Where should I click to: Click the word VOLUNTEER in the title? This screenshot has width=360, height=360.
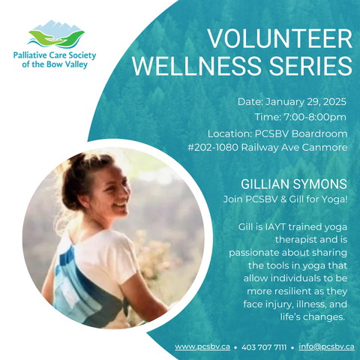pyautogui.click(x=280, y=39)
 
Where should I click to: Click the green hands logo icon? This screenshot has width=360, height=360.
pyautogui.click(x=56, y=38)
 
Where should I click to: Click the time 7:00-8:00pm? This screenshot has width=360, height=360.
pyautogui.click(x=315, y=117)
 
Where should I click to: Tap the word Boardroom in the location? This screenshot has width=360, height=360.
pyautogui.click(x=319, y=133)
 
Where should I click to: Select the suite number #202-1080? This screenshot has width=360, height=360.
pyautogui.click(x=213, y=148)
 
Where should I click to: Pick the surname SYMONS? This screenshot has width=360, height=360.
pyautogui.click(x=320, y=184)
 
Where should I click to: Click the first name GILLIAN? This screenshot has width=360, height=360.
pyautogui.click(x=265, y=184)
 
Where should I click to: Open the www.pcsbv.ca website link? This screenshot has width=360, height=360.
pyautogui.click(x=202, y=347)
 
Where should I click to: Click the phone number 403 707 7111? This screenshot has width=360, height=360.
pyautogui.click(x=264, y=347)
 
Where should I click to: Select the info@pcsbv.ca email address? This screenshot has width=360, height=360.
pyautogui.click(x=326, y=346)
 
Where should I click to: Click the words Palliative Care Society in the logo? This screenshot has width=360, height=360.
pyautogui.click(x=55, y=55)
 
